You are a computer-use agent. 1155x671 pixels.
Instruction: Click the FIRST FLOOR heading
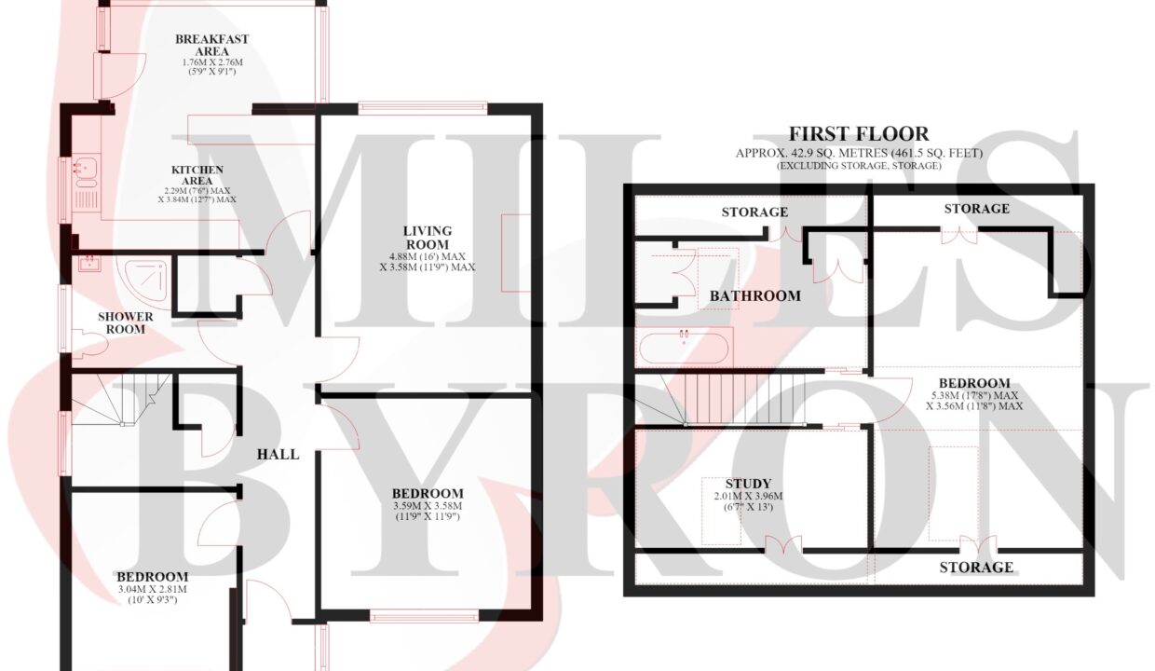click(859, 134)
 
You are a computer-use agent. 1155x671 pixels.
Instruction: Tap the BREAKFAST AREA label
click(212, 46)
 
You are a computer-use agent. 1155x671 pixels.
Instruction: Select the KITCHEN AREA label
click(197, 175)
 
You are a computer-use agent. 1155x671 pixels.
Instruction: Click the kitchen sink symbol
click(85, 171)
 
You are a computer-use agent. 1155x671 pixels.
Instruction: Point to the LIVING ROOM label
click(428, 238)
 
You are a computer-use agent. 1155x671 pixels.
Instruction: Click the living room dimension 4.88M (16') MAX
click(428, 257)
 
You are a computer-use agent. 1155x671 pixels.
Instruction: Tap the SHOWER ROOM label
click(126, 322)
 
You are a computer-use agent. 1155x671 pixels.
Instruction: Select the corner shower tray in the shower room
click(146, 281)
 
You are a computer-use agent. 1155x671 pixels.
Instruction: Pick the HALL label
click(278, 455)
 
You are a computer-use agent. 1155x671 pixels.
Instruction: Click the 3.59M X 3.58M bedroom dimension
click(428, 506)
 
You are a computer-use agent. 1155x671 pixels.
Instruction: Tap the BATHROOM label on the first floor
click(755, 296)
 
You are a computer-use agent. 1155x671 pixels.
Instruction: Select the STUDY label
click(748, 484)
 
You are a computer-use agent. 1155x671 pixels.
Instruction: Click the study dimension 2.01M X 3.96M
click(748, 496)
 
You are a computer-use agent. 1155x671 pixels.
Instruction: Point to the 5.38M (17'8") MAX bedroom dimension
click(974, 395)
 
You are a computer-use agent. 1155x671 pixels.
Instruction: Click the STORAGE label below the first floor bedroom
click(976, 568)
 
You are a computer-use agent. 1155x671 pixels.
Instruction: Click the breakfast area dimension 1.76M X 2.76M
click(212, 62)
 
